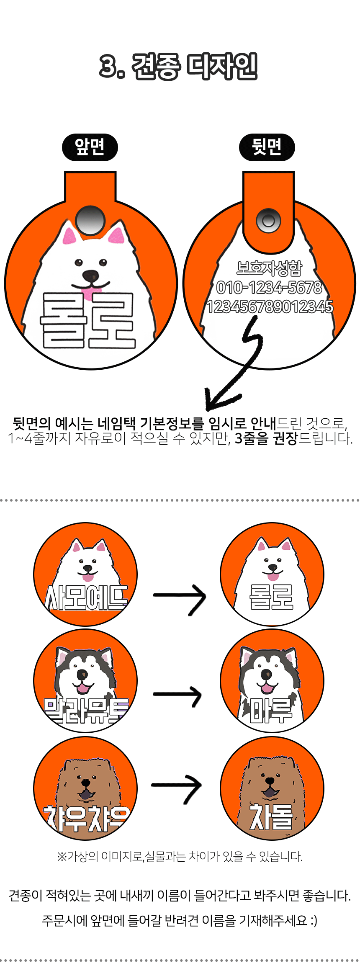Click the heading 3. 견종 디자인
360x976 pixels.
coord(178,66)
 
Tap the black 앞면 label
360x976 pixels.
coord(90,147)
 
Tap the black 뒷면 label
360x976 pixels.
coord(267,147)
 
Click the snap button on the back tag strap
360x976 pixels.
coord(268,221)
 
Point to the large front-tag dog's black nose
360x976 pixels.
coord(91,276)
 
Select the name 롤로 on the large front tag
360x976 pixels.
coord(88,321)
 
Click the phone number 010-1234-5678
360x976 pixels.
coord(269,288)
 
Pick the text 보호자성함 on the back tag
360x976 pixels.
coord(269,268)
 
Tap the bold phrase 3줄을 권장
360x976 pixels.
coord(266,438)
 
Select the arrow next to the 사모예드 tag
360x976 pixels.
coord(180,597)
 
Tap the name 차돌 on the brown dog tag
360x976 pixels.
coord(271,817)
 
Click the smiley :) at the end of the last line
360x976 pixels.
coord(313,920)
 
